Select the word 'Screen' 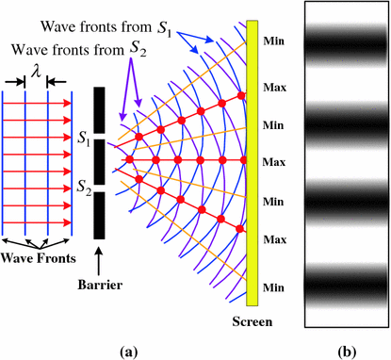(x=253, y=321)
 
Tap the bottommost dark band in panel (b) (x=346, y=284)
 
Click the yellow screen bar (x=252, y=170)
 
